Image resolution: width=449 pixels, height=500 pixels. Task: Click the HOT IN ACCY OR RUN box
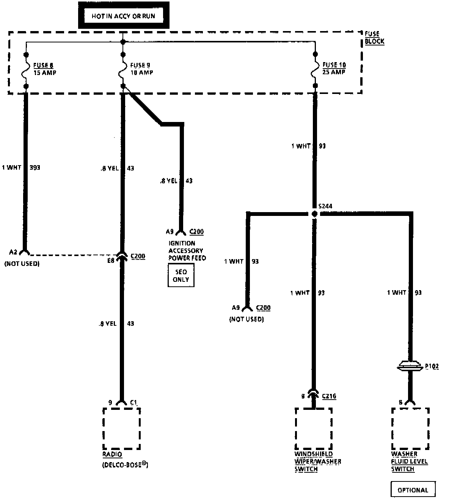click(123, 16)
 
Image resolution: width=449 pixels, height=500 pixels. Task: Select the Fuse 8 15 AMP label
click(44, 69)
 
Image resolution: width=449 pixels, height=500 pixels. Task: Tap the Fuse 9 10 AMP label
click(141, 69)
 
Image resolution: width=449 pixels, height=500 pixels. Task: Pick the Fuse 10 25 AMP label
click(334, 69)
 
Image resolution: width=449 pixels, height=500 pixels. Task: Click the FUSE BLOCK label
click(374, 37)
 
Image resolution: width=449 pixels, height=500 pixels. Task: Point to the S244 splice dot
click(314, 214)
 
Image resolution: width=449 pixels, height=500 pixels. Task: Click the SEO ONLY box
click(181, 275)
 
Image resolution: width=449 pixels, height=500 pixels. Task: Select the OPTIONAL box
click(413, 490)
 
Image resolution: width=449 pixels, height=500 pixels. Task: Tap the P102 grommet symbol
click(410, 366)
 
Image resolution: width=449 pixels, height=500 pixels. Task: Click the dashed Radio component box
click(121, 428)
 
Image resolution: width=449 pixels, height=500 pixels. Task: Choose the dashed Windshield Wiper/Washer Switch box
click(314, 428)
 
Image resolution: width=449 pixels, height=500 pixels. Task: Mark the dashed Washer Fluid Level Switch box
click(410, 428)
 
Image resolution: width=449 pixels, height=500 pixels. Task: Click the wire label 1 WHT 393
click(21, 167)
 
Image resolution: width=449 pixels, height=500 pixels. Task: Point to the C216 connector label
click(329, 396)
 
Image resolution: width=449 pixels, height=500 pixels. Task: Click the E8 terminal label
click(110, 261)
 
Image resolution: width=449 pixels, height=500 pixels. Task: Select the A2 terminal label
click(13, 252)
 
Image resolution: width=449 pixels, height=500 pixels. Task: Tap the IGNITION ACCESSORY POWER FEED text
click(187, 250)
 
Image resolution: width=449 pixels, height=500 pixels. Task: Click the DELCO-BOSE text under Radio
click(125, 464)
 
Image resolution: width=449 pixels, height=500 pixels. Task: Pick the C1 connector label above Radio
click(133, 402)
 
